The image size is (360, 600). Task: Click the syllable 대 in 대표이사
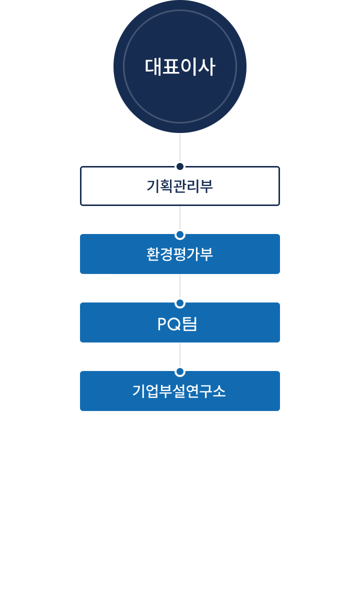click(153, 66)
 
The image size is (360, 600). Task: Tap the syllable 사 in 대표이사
click(206, 66)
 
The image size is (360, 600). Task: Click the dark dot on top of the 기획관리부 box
click(180, 166)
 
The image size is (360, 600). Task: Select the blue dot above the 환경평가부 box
click(180, 234)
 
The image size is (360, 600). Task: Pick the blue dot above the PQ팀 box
click(180, 303)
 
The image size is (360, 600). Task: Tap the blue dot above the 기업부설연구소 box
click(180, 371)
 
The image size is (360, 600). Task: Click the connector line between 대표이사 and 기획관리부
click(180, 147)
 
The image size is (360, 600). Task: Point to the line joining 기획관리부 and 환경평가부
click(180, 217)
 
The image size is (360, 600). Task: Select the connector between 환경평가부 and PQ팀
click(180, 286)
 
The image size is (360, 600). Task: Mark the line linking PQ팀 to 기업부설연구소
click(180, 354)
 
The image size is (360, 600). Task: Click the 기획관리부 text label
click(180, 186)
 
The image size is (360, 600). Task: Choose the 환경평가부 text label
click(180, 254)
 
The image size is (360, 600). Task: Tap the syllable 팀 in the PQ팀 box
click(190, 324)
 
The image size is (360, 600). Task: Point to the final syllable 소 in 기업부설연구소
click(219, 391)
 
